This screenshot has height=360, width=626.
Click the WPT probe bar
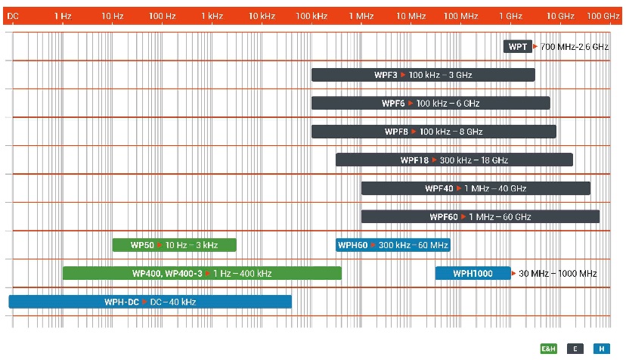(x=518, y=47)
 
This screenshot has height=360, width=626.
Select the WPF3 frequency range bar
(x=423, y=75)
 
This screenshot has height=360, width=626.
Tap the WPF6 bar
(x=430, y=103)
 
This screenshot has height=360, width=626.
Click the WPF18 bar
(x=454, y=160)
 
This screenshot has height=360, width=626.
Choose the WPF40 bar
(x=476, y=188)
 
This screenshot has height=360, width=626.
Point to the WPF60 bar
(x=480, y=217)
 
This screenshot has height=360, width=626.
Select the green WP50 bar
(x=174, y=245)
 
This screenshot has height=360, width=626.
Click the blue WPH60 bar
(x=392, y=245)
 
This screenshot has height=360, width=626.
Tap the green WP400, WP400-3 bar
(x=202, y=273)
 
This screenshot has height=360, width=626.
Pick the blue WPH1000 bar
(x=473, y=273)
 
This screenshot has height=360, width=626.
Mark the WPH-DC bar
(x=150, y=302)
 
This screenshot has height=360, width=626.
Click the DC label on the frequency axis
(x=13, y=15)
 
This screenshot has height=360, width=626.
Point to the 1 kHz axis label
(x=212, y=15)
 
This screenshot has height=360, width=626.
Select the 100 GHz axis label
(x=603, y=15)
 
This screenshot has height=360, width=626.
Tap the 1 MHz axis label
(x=361, y=15)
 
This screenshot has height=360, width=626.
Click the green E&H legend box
(x=548, y=349)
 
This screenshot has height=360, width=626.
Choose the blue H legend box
(x=601, y=349)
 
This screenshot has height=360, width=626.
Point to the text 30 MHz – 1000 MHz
(x=557, y=273)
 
